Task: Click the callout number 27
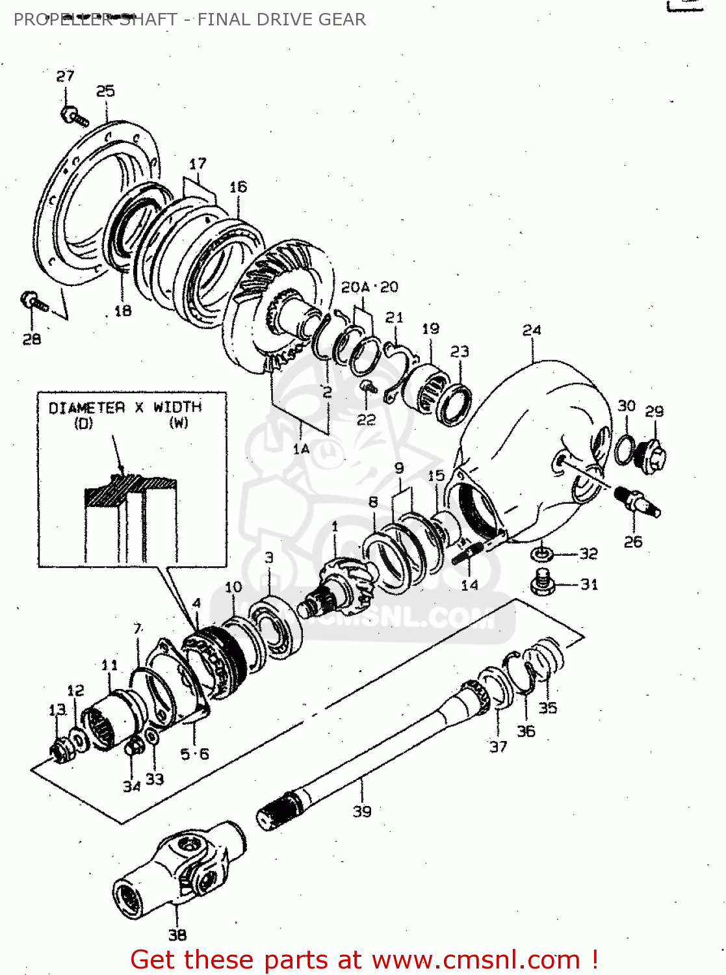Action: point(65,76)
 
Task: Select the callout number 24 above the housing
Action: point(532,330)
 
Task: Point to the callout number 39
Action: point(362,811)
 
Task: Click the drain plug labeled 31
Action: point(542,581)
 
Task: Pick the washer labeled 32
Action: point(541,554)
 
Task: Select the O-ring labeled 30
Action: point(625,449)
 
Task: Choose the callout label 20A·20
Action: point(369,287)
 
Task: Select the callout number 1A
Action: point(301,448)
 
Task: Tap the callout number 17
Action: point(198,163)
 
